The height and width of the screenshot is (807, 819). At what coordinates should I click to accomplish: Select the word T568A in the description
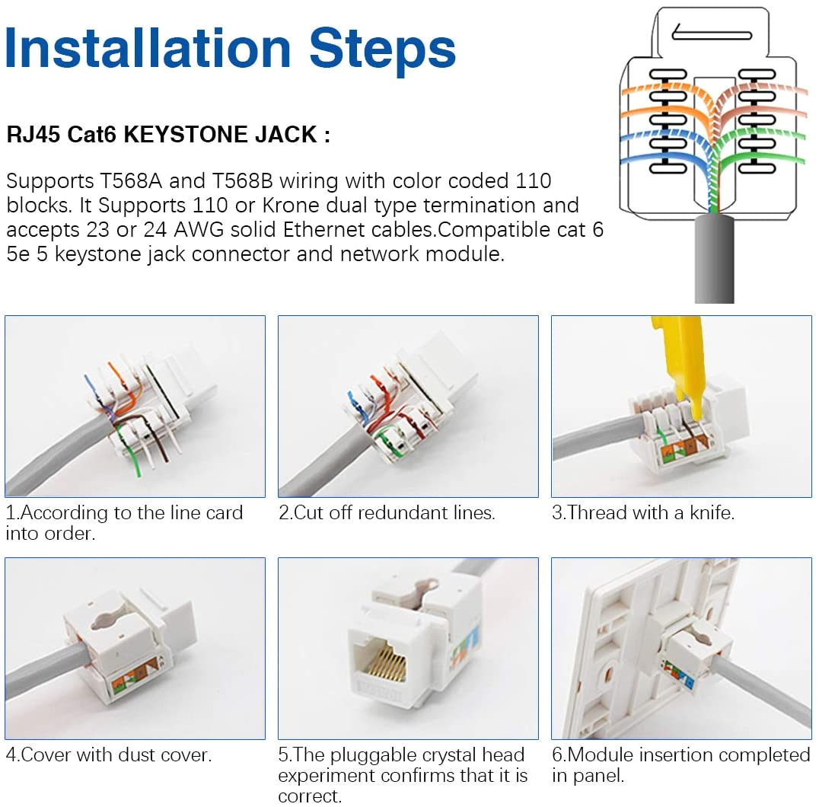point(136,181)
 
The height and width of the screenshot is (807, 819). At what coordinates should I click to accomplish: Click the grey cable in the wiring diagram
point(714,259)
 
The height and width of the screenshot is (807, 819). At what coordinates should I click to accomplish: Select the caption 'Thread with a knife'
point(643,513)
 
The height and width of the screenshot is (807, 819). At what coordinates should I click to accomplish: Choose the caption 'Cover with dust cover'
point(108,755)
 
